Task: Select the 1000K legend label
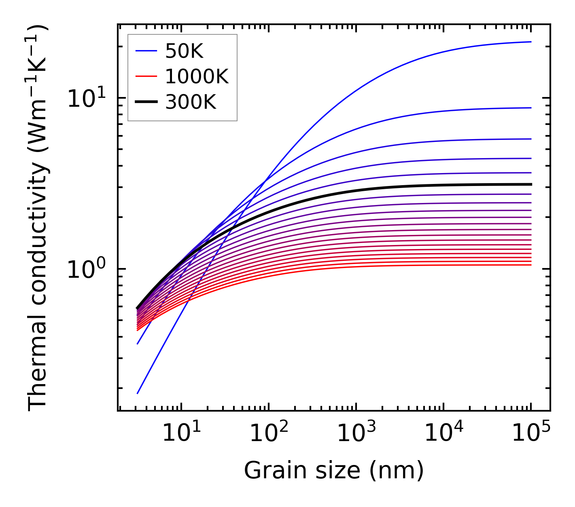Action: [197, 76]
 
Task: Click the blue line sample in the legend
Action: [146, 51]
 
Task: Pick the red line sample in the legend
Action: [146, 76]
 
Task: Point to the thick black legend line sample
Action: [146, 102]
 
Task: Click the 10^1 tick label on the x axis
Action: [181, 433]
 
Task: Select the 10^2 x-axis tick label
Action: [268, 433]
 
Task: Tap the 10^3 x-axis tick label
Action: [356, 433]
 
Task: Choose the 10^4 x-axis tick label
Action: [443, 433]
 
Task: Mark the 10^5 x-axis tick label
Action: [530, 433]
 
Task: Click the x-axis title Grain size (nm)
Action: [334, 471]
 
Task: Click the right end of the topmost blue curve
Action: [530, 42]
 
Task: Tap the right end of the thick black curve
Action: [530, 184]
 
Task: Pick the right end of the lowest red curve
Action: [530, 265]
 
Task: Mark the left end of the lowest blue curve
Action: [138, 393]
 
